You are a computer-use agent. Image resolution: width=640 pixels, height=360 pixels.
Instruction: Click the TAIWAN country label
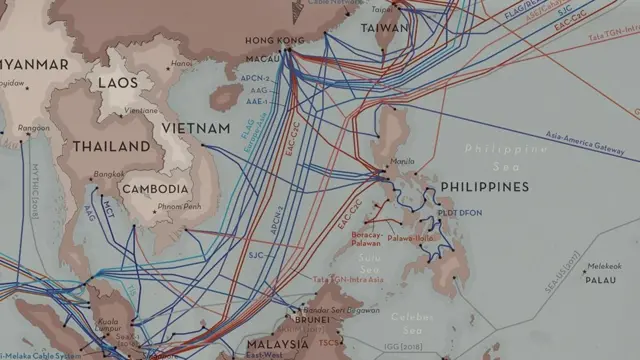[x=384, y=29]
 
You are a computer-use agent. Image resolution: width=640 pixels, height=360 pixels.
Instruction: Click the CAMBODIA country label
[x=154, y=188]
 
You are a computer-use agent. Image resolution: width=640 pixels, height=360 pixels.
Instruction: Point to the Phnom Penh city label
[x=179, y=207]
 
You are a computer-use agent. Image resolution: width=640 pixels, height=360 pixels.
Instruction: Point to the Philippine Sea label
[x=506, y=156]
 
